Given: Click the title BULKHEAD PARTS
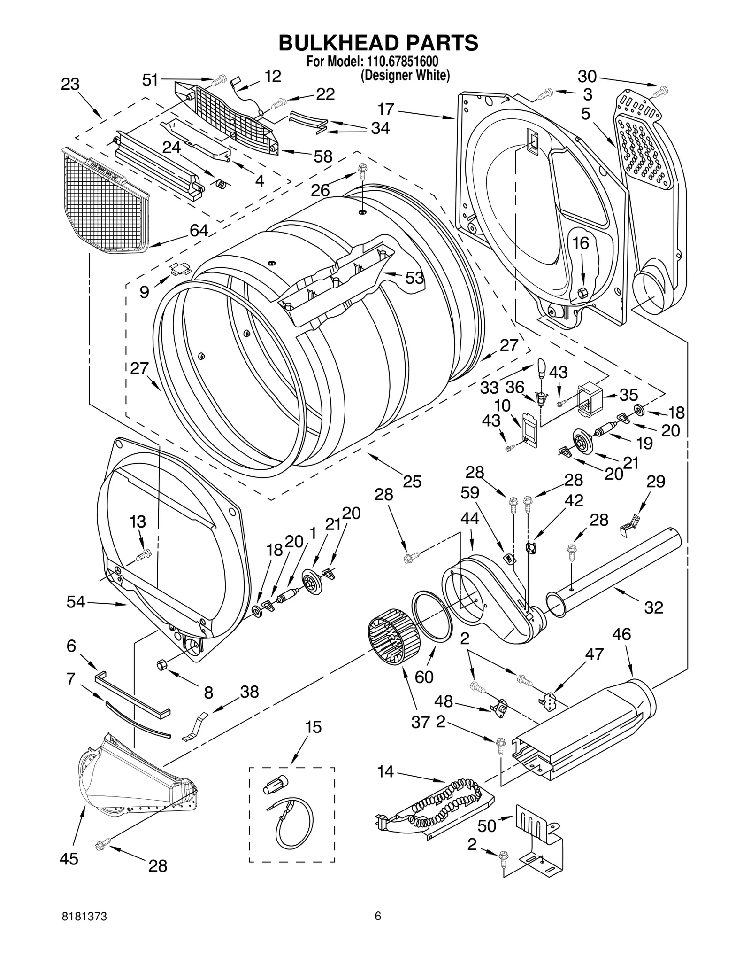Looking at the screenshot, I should pyautogui.click(x=378, y=43).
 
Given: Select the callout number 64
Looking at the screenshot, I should pyautogui.click(x=199, y=230).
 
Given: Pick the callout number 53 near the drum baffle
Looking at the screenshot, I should pyautogui.click(x=414, y=278).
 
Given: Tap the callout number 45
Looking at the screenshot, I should pyautogui.click(x=69, y=859).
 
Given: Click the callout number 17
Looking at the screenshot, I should pyautogui.click(x=386, y=109).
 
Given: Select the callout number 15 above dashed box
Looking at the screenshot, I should pyautogui.click(x=313, y=727).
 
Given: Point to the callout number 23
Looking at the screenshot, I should pyautogui.click(x=70, y=85).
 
